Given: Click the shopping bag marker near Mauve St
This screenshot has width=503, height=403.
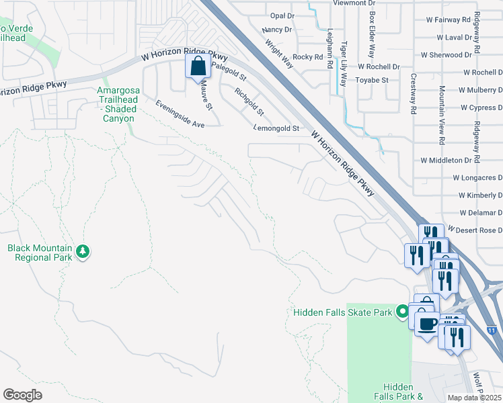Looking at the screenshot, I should (x=198, y=67).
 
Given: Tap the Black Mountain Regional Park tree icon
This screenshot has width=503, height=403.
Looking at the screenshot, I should (x=83, y=252).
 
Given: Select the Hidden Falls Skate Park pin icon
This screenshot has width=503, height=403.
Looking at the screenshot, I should (x=402, y=311).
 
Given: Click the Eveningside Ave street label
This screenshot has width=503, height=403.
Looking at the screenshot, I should (x=180, y=114).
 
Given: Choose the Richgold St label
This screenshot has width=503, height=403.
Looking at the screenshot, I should (x=249, y=101).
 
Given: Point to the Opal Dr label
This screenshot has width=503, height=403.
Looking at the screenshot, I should (x=282, y=15).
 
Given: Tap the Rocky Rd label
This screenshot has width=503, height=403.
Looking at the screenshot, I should (x=308, y=57).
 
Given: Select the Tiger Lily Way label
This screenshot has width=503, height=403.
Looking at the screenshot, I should (x=344, y=64).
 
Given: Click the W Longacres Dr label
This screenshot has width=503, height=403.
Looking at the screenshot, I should (x=477, y=178).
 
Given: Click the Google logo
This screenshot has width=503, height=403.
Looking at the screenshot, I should (x=23, y=394).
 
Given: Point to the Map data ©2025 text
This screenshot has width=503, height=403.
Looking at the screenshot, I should (x=474, y=398).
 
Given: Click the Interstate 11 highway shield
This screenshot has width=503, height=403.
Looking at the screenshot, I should (x=492, y=330).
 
